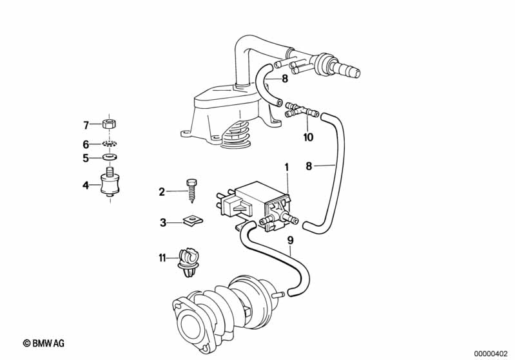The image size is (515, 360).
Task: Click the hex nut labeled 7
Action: [x=110, y=124]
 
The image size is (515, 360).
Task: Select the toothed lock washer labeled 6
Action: [x=110, y=144]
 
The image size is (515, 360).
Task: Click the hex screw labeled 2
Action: [x=191, y=191]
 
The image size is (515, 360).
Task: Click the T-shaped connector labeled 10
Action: [x=302, y=111]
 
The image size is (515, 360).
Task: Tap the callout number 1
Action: [x=286, y=167]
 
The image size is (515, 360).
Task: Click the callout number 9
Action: [x=290, y=241]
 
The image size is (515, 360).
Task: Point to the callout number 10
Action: [x=308, y=137]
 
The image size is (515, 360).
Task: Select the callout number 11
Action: [x=162, y=258]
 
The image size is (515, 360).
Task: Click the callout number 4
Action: [x=86, y=185]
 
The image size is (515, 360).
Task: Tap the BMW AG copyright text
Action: [x=44, y=343]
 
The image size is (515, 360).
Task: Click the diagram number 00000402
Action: [x=491, y=354]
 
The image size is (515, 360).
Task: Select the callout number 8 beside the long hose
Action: [x=308, y=166]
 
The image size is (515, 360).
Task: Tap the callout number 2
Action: [x=162, y=192]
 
